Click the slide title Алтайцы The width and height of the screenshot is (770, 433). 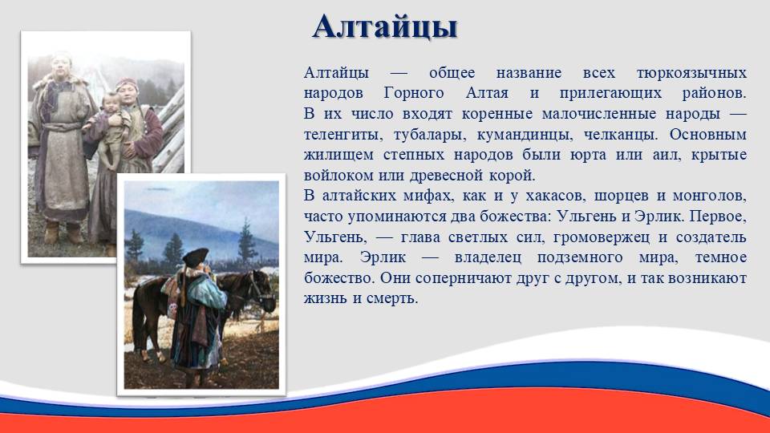384,27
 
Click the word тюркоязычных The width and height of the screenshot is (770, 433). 691,73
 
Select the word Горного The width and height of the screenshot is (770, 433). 414,93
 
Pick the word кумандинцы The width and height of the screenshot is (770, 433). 523,135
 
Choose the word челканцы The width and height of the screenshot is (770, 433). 619,135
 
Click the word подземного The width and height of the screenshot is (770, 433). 579,257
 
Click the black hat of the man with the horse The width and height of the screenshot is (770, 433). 196,257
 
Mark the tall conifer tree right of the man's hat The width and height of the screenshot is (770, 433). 246,241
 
